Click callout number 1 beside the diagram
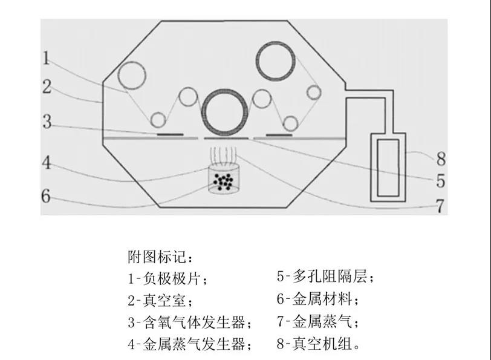coord(47,58)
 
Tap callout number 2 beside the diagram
coord(47,87)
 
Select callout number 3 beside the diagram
coord(47,122)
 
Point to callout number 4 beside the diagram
coord(47,163)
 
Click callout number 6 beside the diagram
coord(46,196)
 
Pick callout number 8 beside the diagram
coord(441,159)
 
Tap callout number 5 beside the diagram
coord(441,181)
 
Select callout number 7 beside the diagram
coord(440,206)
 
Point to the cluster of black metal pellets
coord(224,182)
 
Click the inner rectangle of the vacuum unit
coord(378,168)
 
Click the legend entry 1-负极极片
coord(167,278)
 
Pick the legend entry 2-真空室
coord(160,301)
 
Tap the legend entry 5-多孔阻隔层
coord(326,277)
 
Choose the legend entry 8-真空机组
coord(319,344)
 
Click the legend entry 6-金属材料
coord(318,299)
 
